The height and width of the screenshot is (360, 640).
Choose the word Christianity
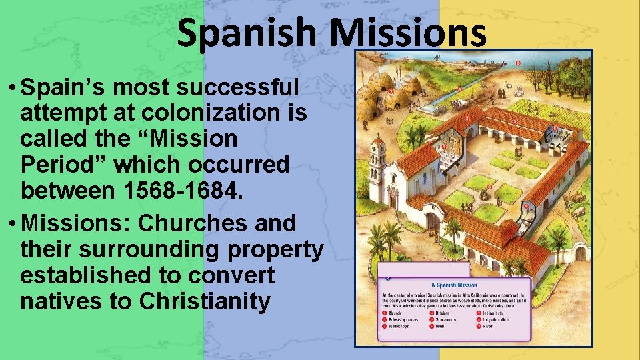click(x=205, y=301)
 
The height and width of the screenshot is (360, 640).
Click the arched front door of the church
click(x=393, y=200)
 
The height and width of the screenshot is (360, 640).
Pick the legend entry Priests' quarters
click(x=404, y=319)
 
